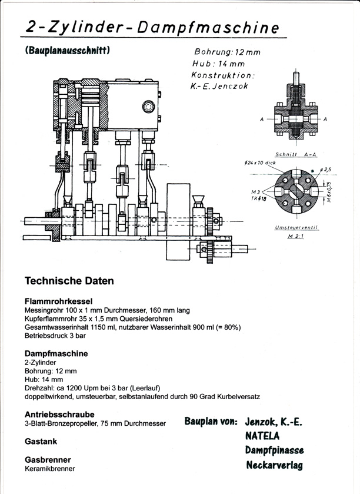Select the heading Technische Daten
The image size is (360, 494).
tap(69, 281)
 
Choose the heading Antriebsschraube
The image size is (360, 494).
tap(59, 414)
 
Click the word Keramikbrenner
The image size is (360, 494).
tap(49, 469)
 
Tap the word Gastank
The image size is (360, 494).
tap(41, 440)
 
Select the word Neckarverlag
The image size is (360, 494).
tap(275, 465)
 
